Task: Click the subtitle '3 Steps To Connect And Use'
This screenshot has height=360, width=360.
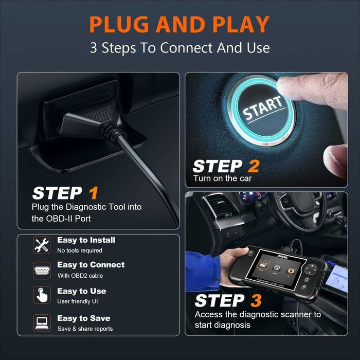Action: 179,48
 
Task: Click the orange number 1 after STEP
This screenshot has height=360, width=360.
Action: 93,193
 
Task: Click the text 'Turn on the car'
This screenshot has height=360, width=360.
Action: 222,178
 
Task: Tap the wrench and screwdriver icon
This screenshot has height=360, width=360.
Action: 41,245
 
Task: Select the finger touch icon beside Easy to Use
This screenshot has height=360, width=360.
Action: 41,295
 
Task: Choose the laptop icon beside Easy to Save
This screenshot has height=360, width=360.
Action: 41,322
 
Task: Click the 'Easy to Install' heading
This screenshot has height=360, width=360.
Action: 86,240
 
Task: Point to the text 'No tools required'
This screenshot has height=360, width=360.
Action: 80,250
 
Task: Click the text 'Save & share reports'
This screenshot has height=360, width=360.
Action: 85,329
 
